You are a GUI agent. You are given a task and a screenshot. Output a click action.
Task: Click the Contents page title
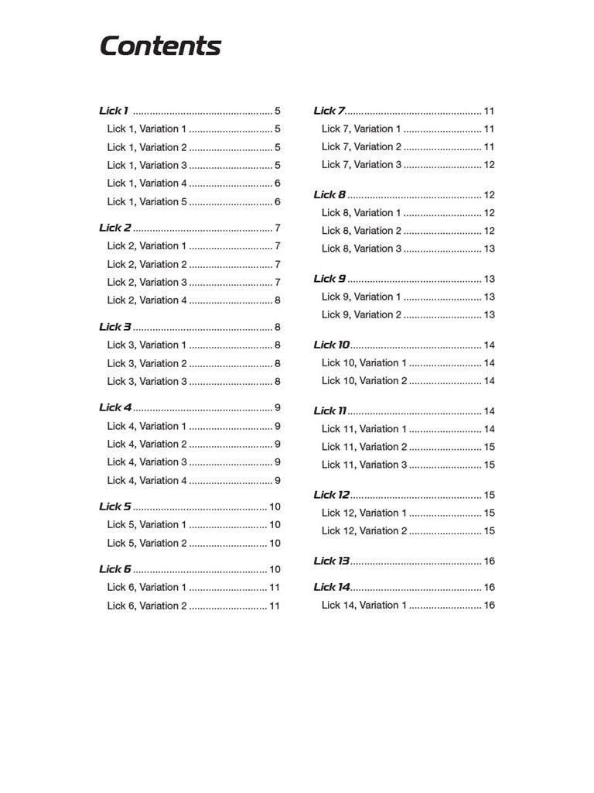coord(160,46)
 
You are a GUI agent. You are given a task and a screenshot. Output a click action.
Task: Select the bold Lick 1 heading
coord(114,111)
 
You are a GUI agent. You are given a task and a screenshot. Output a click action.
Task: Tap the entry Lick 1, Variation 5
coord(147,201)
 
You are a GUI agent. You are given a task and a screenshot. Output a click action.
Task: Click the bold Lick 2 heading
coord(115,228)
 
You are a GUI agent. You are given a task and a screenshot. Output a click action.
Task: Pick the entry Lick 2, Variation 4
coord(147,300)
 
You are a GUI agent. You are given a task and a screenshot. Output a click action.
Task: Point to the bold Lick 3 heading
coord(115,327)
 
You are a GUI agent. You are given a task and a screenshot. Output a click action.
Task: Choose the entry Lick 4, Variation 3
coord(147,462)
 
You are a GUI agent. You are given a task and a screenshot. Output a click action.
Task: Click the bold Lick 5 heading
coord(115,506)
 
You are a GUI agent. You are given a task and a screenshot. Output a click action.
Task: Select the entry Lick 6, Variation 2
coord(147,606)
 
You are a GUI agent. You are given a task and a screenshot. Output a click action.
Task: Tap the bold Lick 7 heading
coord(329,111)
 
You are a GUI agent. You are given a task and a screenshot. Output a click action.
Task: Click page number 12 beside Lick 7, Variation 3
coord(489,165)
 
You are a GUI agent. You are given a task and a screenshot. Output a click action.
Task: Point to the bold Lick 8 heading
coord(329,195)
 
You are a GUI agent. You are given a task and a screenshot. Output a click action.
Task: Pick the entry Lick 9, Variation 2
coord(361,314)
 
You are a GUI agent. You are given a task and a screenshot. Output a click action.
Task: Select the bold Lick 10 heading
coord(332,345)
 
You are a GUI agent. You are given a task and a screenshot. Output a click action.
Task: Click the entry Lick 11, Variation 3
coord(364,465)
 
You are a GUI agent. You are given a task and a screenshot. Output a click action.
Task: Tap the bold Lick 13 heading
coord(332,561)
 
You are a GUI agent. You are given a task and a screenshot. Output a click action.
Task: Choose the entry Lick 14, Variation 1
coord(364,606)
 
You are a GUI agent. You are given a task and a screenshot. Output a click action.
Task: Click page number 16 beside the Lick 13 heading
coord(489,561)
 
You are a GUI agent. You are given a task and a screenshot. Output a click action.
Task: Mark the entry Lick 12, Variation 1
coord(364,513)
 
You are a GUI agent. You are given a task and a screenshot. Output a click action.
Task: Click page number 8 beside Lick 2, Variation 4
coord(278,300)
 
